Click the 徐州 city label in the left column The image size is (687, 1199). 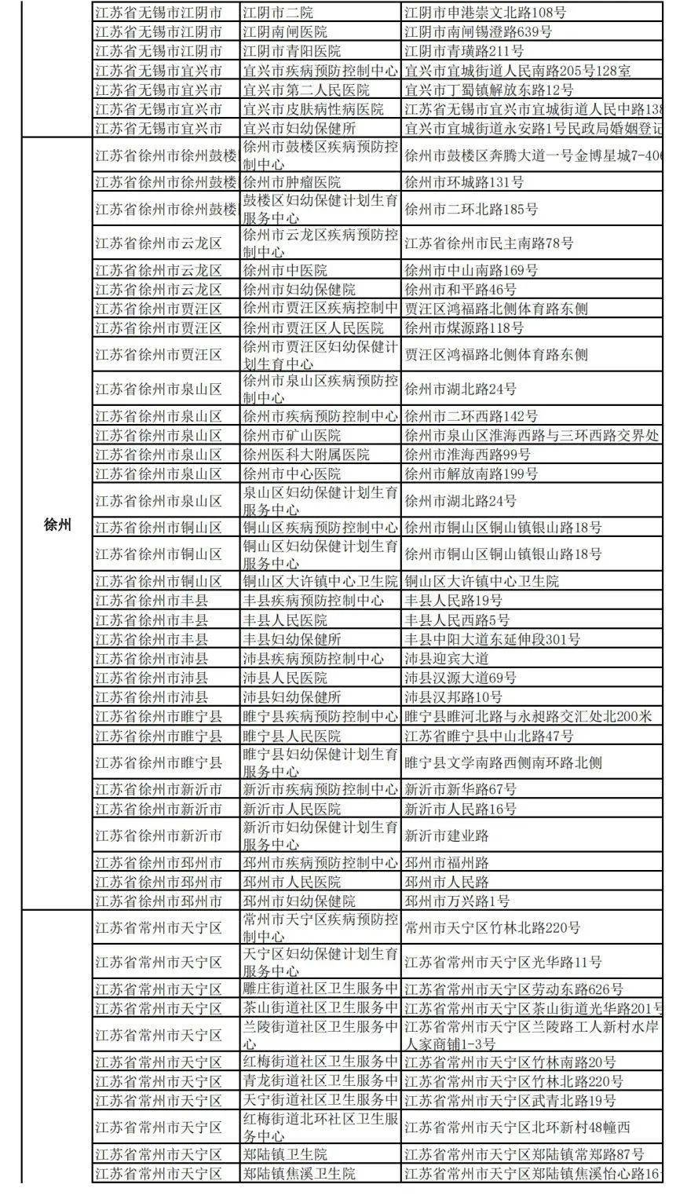tap(57, 525)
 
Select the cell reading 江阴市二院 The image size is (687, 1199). tap(276, 13)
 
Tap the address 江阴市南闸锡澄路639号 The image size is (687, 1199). tap(478, 32)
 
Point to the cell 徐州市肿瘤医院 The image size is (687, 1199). tap(291, 182)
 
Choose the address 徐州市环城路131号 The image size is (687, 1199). tap(463, 182)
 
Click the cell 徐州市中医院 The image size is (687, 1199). tap(283, 270)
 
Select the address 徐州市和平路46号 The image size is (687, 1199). tap(456, 290)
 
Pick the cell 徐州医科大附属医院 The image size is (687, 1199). tap(305, 455)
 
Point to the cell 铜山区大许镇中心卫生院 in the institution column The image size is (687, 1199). tap(320, 581)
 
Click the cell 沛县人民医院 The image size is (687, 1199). tap(284, 678)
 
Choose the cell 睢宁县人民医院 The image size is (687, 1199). tap(291, 736)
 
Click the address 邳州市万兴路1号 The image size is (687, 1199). tap(456, 901)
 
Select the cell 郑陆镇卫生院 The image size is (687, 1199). tap(284, 1154)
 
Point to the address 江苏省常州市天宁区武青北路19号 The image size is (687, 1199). tap(510, 1101)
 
